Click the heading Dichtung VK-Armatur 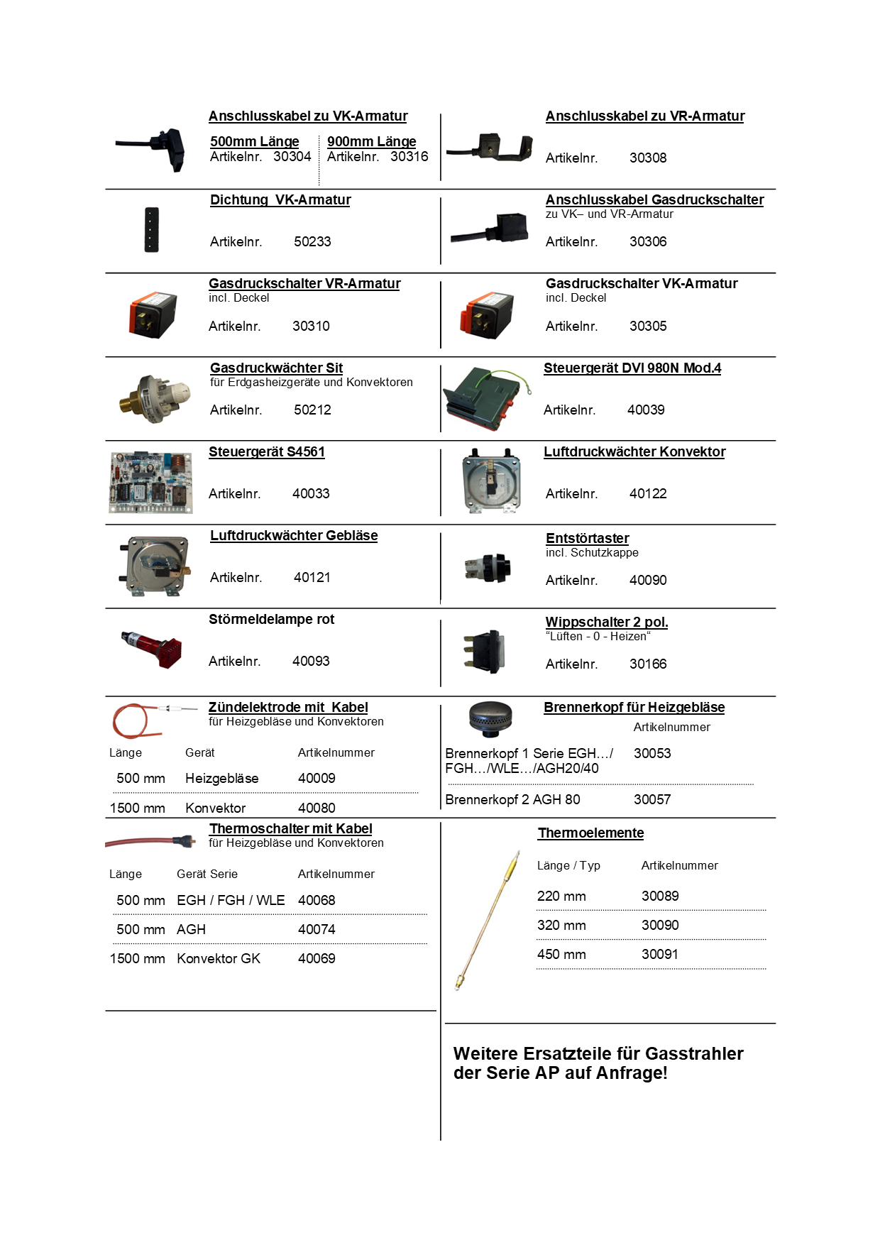pos(280,200)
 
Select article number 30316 pos(409,157)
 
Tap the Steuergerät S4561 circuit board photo pos(150,482)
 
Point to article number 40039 pos(646,410)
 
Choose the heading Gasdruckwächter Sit pos(276,368)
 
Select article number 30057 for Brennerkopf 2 pos(652,800)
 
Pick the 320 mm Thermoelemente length pos(561,926)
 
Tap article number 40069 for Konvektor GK pos(317,959)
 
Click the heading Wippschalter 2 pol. pos(607,622)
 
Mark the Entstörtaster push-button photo pos(489,568)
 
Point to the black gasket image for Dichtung pos(151,230)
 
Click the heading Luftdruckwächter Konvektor pos(634,452)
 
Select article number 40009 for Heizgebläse pos(317,779)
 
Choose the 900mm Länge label pos(371,142)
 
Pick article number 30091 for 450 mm pos(660,955)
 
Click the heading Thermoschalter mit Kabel pos(290,829)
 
